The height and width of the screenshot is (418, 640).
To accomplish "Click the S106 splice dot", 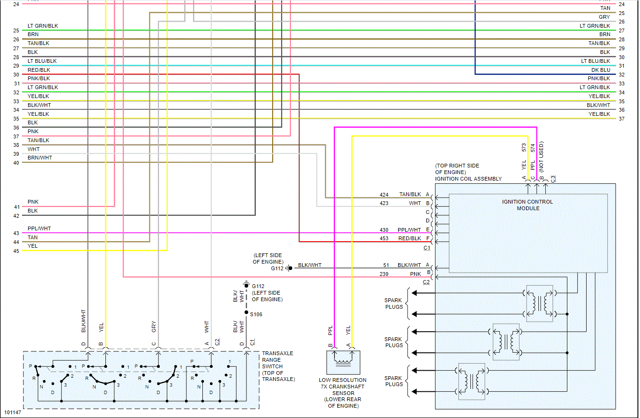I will (x=246, y=312).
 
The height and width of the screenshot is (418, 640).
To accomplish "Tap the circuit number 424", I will (x=384, y=194).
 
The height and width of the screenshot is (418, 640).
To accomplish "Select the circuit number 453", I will (x=384, y=238).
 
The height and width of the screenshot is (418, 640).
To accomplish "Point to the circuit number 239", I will (x=384, y=274).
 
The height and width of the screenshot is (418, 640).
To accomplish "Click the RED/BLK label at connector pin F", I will (x=409, y=238).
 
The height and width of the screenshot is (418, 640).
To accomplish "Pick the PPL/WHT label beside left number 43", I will (x=39, y=228).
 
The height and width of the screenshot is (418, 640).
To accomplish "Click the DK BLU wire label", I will (x=601, y=70).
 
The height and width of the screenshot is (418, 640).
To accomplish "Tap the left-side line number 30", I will (x=16, y=75).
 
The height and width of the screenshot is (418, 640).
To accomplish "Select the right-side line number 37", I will (x=621, y=119).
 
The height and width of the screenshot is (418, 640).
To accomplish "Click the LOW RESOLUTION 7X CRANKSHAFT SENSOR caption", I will (x=342, y=393).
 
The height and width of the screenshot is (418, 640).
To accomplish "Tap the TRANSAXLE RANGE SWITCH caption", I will (x=278, y=366).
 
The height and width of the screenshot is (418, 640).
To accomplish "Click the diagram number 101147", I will (x=12, y=413).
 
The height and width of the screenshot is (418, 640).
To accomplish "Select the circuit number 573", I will (x=524, y=147).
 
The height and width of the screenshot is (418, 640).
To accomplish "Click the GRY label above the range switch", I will (x=154, y=327).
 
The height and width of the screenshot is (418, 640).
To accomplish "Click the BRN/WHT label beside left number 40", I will (x=40, y=158).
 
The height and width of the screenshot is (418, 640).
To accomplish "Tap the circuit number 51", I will (x=386, y=265).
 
